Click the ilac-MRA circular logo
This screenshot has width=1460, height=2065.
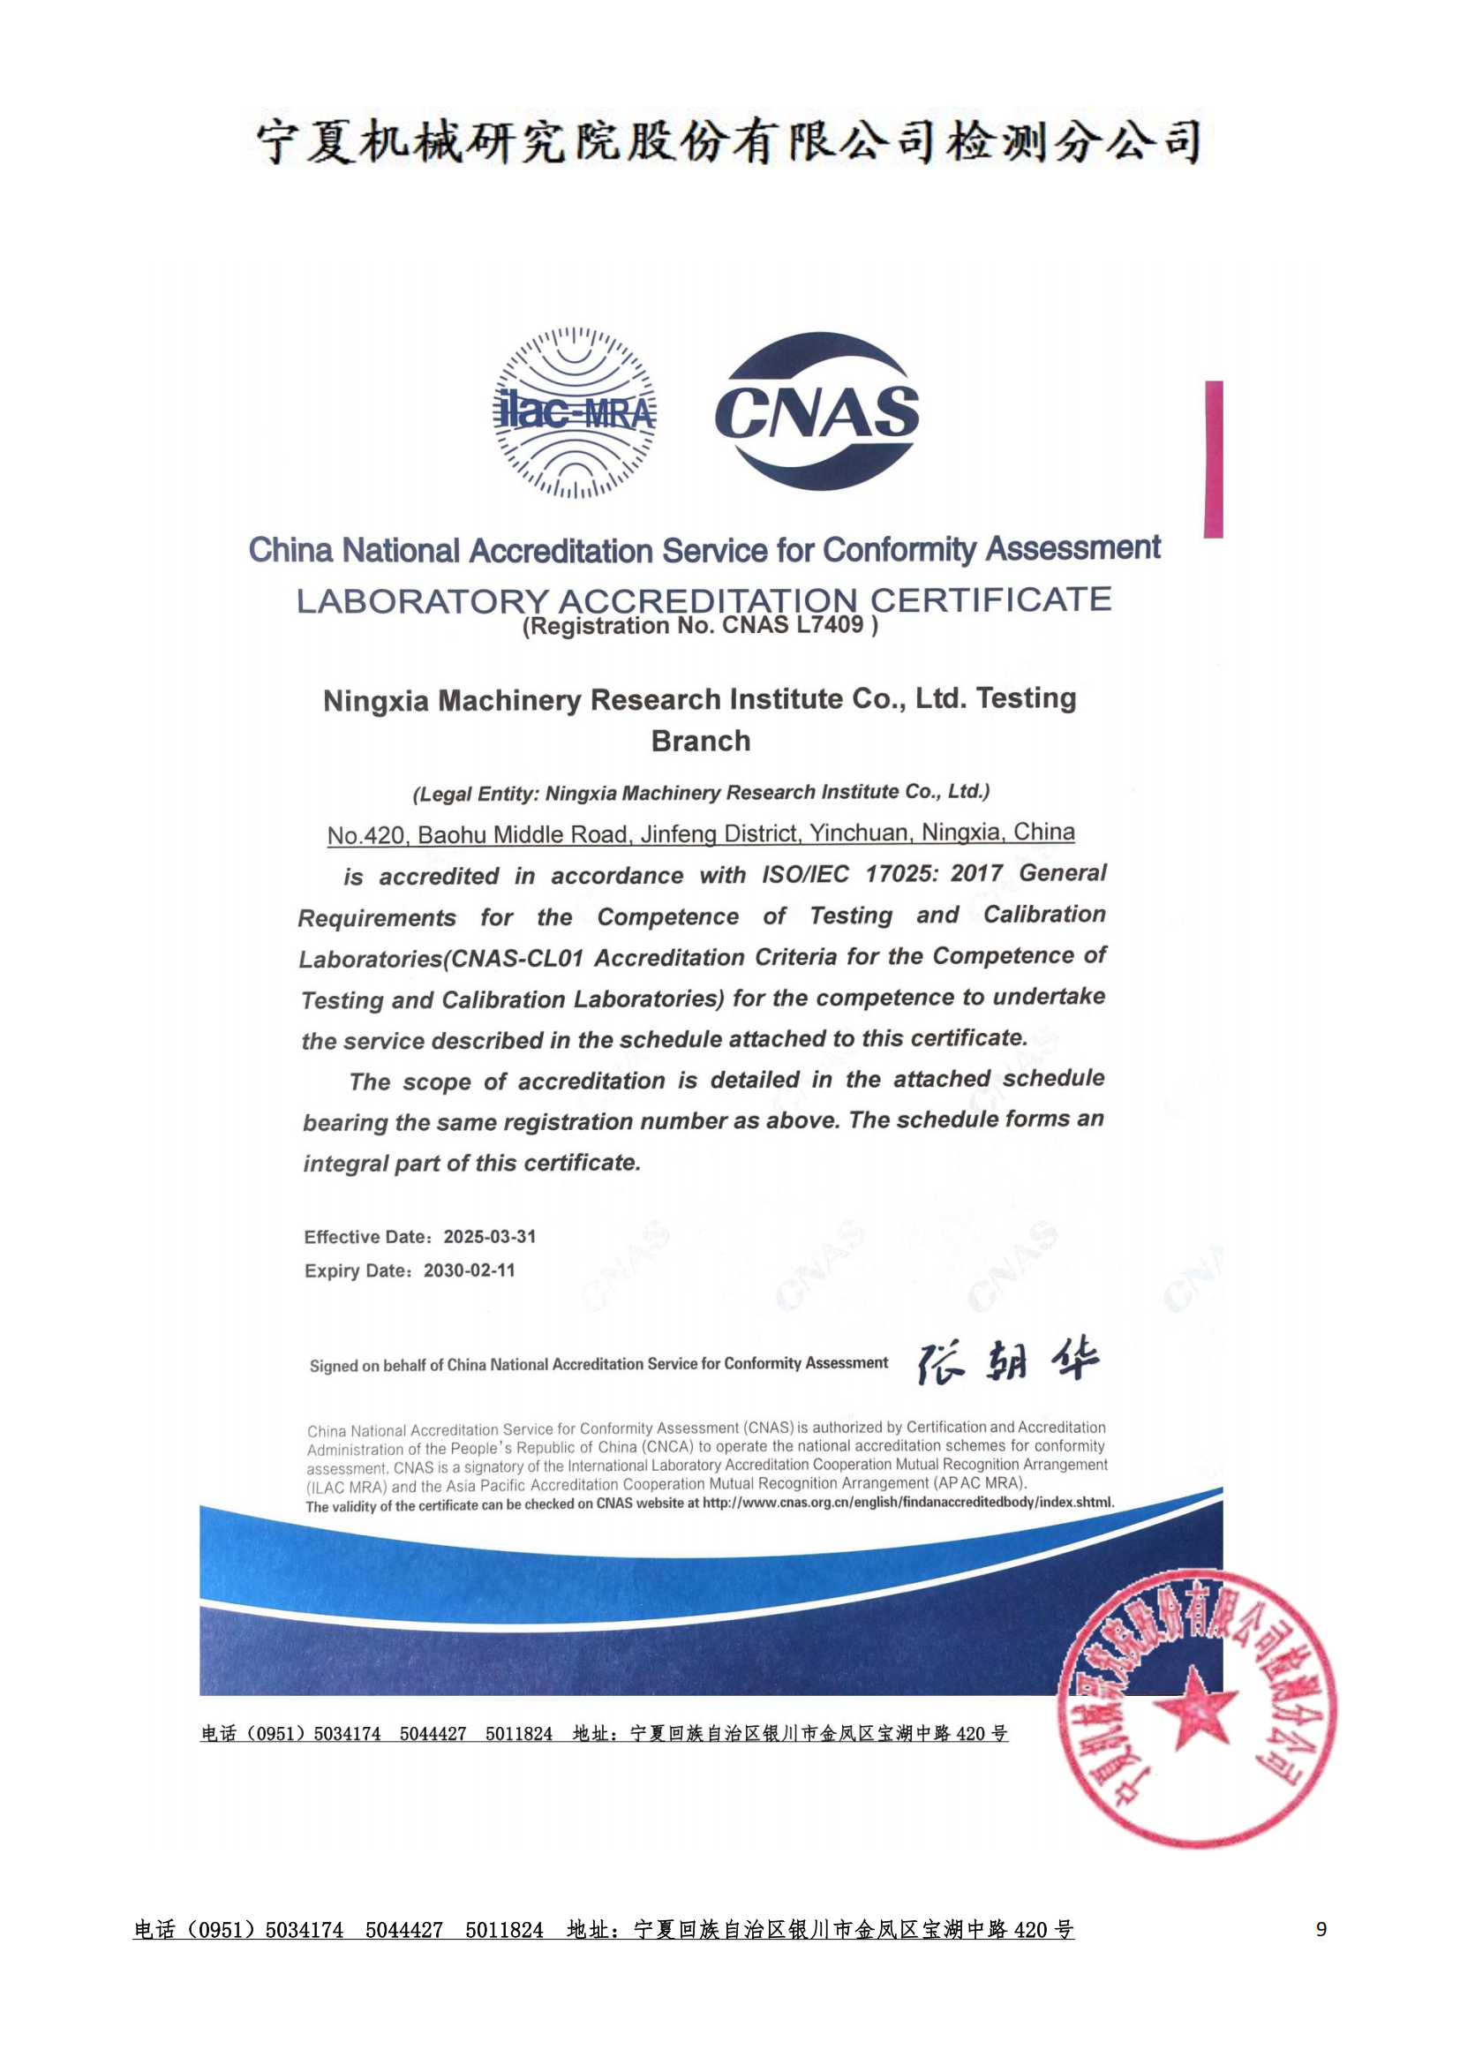575,413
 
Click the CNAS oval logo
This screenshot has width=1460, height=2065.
817,413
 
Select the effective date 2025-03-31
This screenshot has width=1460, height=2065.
490,1237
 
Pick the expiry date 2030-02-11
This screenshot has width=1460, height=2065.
470,1270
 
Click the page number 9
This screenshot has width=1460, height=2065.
1321,1928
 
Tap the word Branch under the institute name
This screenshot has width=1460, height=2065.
700,741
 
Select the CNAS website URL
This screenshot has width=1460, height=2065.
908,1503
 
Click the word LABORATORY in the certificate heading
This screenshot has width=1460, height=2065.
422,602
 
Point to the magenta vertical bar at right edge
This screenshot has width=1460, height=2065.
1214,459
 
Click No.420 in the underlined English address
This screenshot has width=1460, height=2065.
366,835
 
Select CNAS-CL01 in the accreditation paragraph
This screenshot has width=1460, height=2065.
517,959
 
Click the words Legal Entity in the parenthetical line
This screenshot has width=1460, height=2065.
473,795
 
